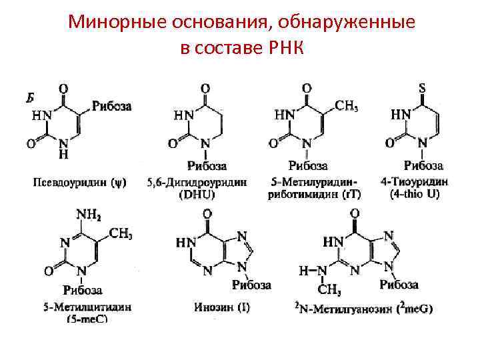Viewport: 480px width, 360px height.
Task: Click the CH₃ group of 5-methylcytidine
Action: click(x=120, y=233)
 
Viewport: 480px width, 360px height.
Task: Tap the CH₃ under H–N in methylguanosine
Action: click(x=330, y=290)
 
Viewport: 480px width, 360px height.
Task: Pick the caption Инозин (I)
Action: click(x=222, y=308)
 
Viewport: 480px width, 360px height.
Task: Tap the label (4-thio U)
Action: click(x=419, y=195)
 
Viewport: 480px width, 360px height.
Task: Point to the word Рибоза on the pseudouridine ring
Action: click(x=111, y=105)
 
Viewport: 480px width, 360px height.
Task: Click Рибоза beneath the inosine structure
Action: click(x=251, y=285)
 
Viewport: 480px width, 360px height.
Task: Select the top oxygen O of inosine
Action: click(x=206, y=215)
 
